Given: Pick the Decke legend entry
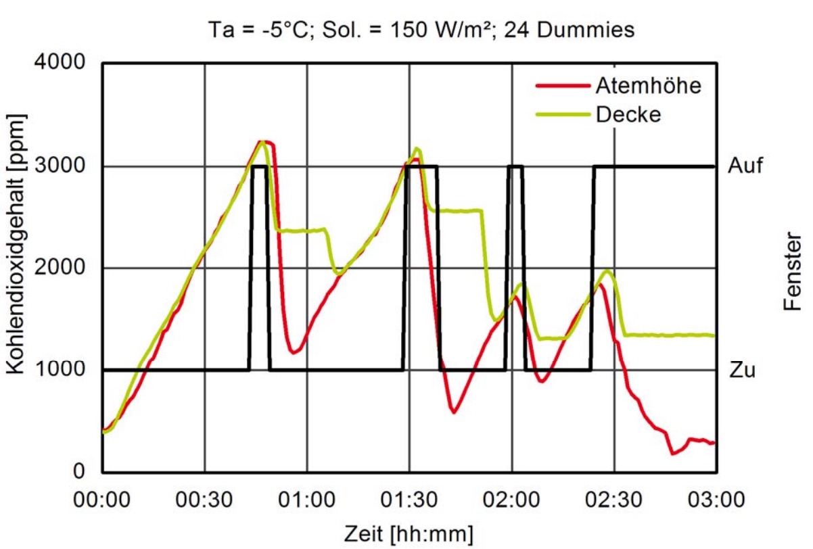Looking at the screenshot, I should pos(628,114).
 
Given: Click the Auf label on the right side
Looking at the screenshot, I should pos(746,166).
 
